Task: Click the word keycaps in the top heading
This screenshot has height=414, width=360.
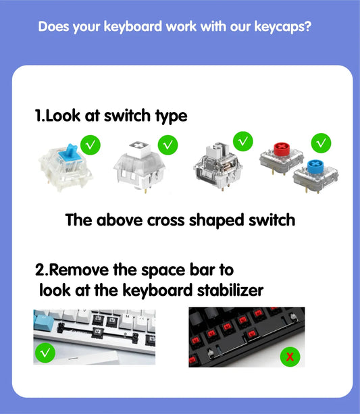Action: click(281, 28)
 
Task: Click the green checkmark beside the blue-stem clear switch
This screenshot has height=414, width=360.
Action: click(91, 144)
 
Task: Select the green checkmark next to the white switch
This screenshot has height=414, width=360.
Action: click(168, 144)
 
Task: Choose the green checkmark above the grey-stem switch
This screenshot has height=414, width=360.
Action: click(243, 141)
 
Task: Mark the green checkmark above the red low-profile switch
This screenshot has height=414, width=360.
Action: click(322, 143)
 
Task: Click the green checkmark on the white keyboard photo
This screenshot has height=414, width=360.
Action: click(45, 353)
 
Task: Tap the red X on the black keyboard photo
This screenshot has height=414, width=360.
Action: click(290, 357)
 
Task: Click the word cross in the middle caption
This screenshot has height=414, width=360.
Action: click(165, 220)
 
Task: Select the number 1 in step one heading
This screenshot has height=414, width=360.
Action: click(38, 116)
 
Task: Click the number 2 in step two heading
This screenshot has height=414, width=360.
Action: click(40, 270)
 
